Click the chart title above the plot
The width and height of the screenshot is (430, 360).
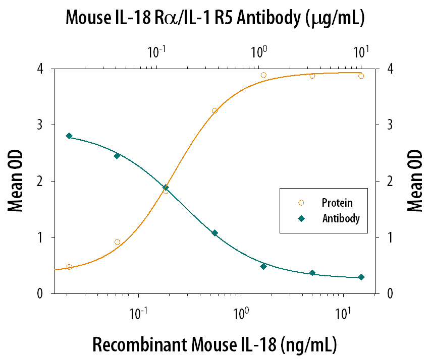click(215, 19)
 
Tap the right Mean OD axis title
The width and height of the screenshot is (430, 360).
click(414, 181)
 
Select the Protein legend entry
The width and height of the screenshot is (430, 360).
click(337, 203)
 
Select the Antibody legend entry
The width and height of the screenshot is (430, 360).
click(341, 218)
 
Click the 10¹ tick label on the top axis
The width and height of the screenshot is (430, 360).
click(360, 51)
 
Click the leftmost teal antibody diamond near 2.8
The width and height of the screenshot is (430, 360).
click(69, 136)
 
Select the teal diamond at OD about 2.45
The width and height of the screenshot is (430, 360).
click(117, 156)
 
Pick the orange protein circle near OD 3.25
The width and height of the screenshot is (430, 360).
click(214, 111)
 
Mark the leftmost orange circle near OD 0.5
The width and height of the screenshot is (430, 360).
click(69, 267)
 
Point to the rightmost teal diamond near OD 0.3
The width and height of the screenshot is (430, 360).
click(361, 277)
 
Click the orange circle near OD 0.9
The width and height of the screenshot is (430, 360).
click(117, 242)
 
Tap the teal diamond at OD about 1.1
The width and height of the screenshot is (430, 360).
click(214, 233)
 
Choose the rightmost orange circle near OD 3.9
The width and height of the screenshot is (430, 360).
click(361, 76)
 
